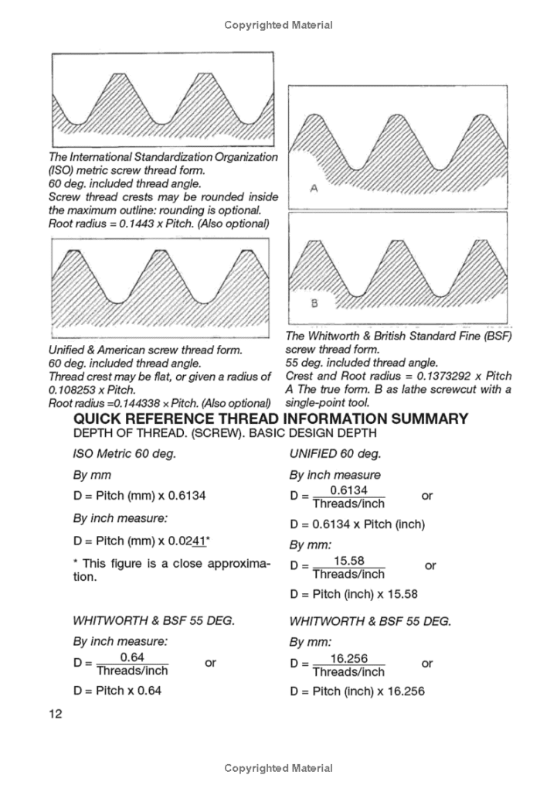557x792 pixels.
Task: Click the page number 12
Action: (55, 714)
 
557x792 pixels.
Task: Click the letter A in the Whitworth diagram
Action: (314, 188)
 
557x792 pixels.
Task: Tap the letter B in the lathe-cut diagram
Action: (314, 303)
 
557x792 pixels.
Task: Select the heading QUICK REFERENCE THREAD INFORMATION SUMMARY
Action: (270, 419)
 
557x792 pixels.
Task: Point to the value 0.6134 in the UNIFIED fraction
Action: (348, 490)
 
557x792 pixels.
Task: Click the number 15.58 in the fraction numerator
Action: (348, 561)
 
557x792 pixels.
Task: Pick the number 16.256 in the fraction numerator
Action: (348, 658)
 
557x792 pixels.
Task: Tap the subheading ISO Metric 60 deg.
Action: (124, 453)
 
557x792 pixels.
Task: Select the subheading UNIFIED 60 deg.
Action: (335, 453)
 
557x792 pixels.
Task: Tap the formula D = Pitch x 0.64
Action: (117, 690)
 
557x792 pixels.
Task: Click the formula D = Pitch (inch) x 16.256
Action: (357, 691)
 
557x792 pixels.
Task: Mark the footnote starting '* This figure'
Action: (172, 570)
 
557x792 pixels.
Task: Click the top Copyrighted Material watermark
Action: (278, 25)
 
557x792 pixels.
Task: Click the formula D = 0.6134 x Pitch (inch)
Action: (357, 524)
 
